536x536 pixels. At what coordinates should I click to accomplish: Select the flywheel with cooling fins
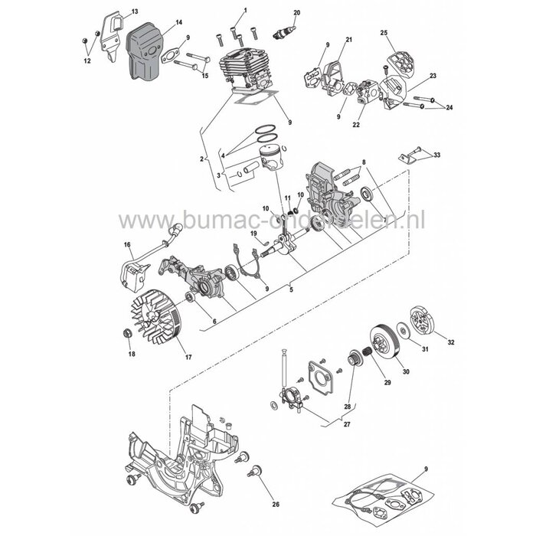(163, 322)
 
